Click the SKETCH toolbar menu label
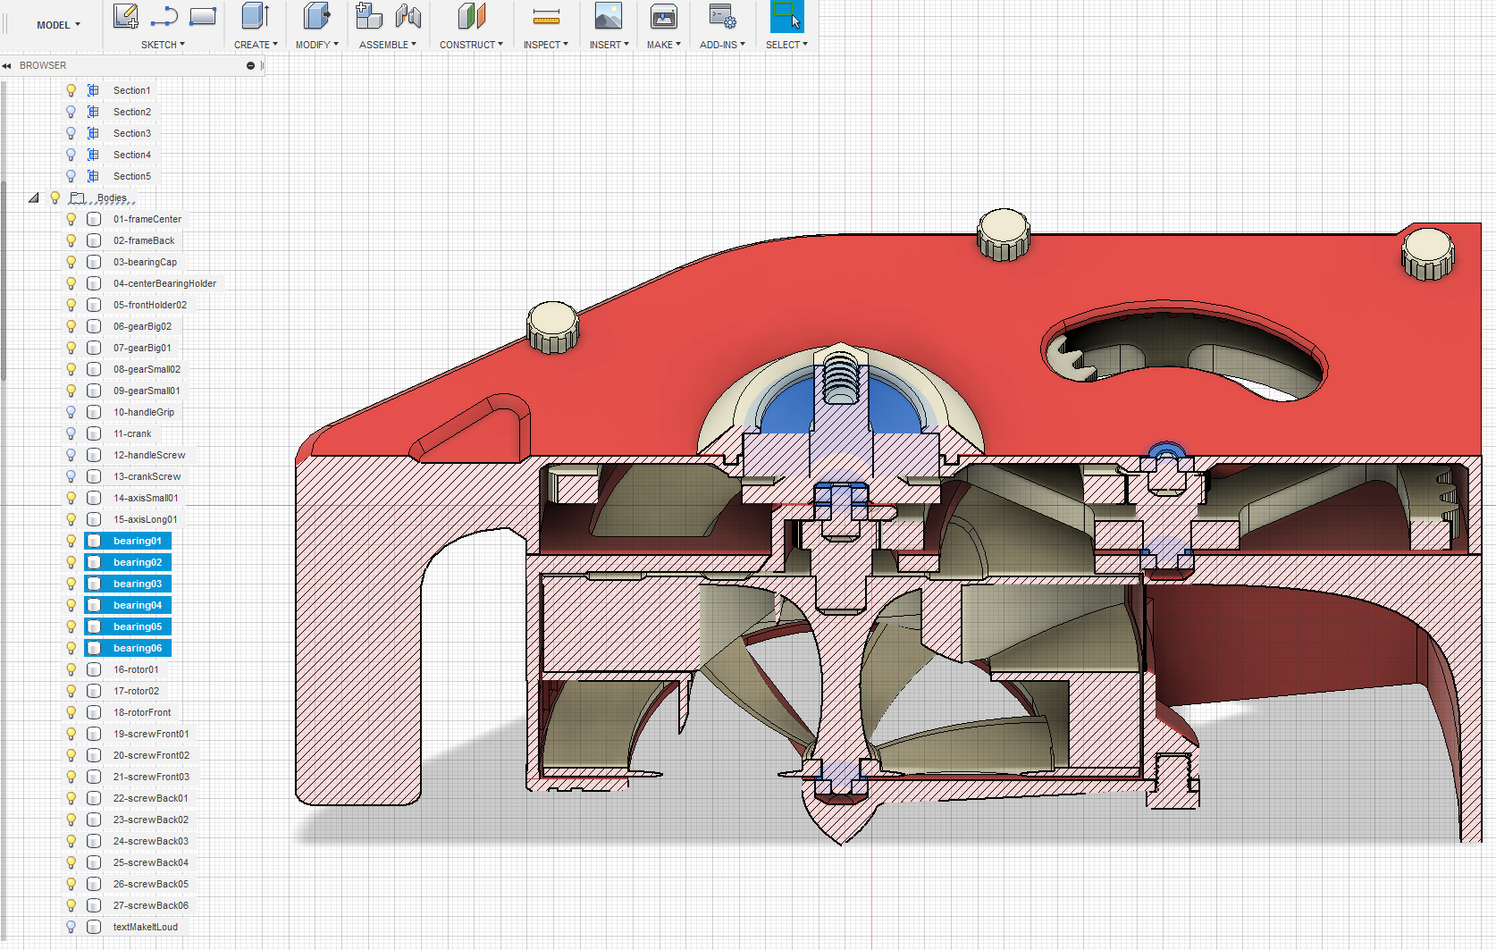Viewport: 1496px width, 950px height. coord(159,45)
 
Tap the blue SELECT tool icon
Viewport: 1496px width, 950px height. coord(786,17)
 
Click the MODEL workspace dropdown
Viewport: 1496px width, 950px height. coord(58,25)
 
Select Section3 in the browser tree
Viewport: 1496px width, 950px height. coord(131,133)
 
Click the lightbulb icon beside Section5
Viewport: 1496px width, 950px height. coord(71,176)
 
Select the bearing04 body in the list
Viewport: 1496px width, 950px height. coord(138,605)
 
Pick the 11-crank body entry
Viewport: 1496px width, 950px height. coord(132,433)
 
